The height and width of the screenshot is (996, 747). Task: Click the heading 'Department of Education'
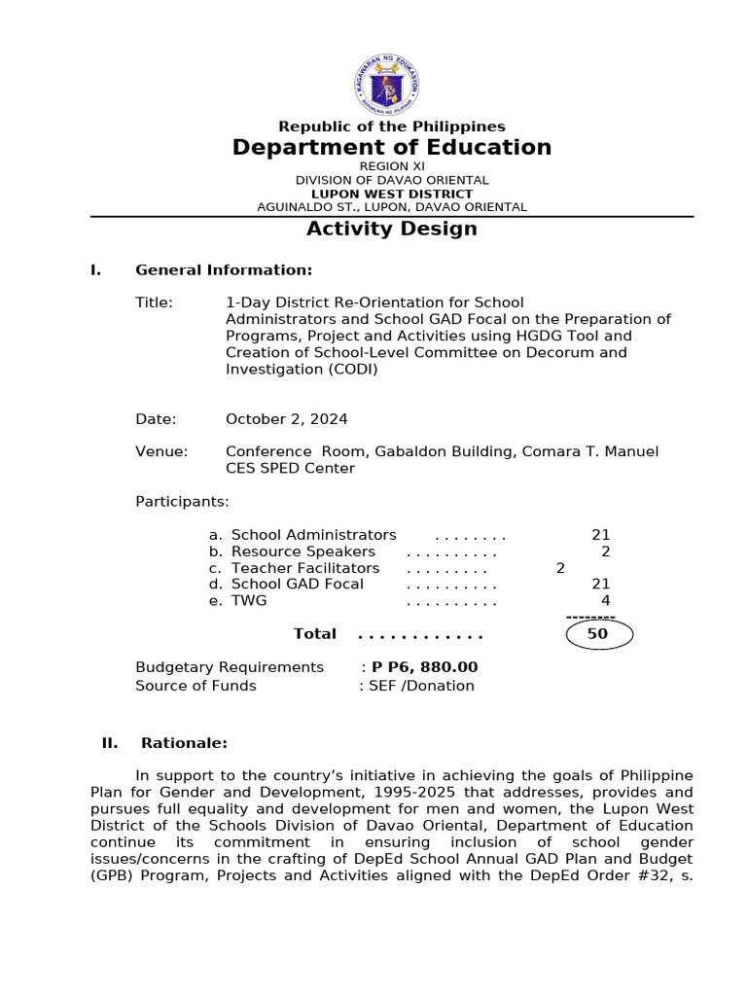click(x=391, y=148)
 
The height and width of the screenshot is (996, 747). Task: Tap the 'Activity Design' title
click(x=392, y=229)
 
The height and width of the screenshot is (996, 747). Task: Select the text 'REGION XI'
click(x=392, y=166)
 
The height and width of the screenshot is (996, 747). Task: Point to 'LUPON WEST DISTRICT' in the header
click(x=392, y=194)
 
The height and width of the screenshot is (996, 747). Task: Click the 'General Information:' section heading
click(x=224, y=270)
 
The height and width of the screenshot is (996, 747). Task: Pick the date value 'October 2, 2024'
click(x=286, y=419)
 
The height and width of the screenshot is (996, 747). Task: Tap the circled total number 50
click(x=598, y=634)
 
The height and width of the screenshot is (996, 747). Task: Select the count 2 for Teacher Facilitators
click(x=560, y=568)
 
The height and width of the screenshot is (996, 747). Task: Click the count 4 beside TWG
click(x=605, y=601)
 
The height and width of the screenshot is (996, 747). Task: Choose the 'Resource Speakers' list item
click(x=302, y=551)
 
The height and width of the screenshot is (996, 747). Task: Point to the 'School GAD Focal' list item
click(x=297, y=584)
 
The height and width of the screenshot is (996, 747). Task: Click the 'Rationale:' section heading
click(x=184, y=743)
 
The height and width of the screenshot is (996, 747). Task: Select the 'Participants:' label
click(x=182, y=502)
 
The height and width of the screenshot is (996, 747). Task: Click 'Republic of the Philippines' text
click(x=392, y=126)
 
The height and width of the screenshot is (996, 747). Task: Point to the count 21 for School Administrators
click(x=600, y=535)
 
